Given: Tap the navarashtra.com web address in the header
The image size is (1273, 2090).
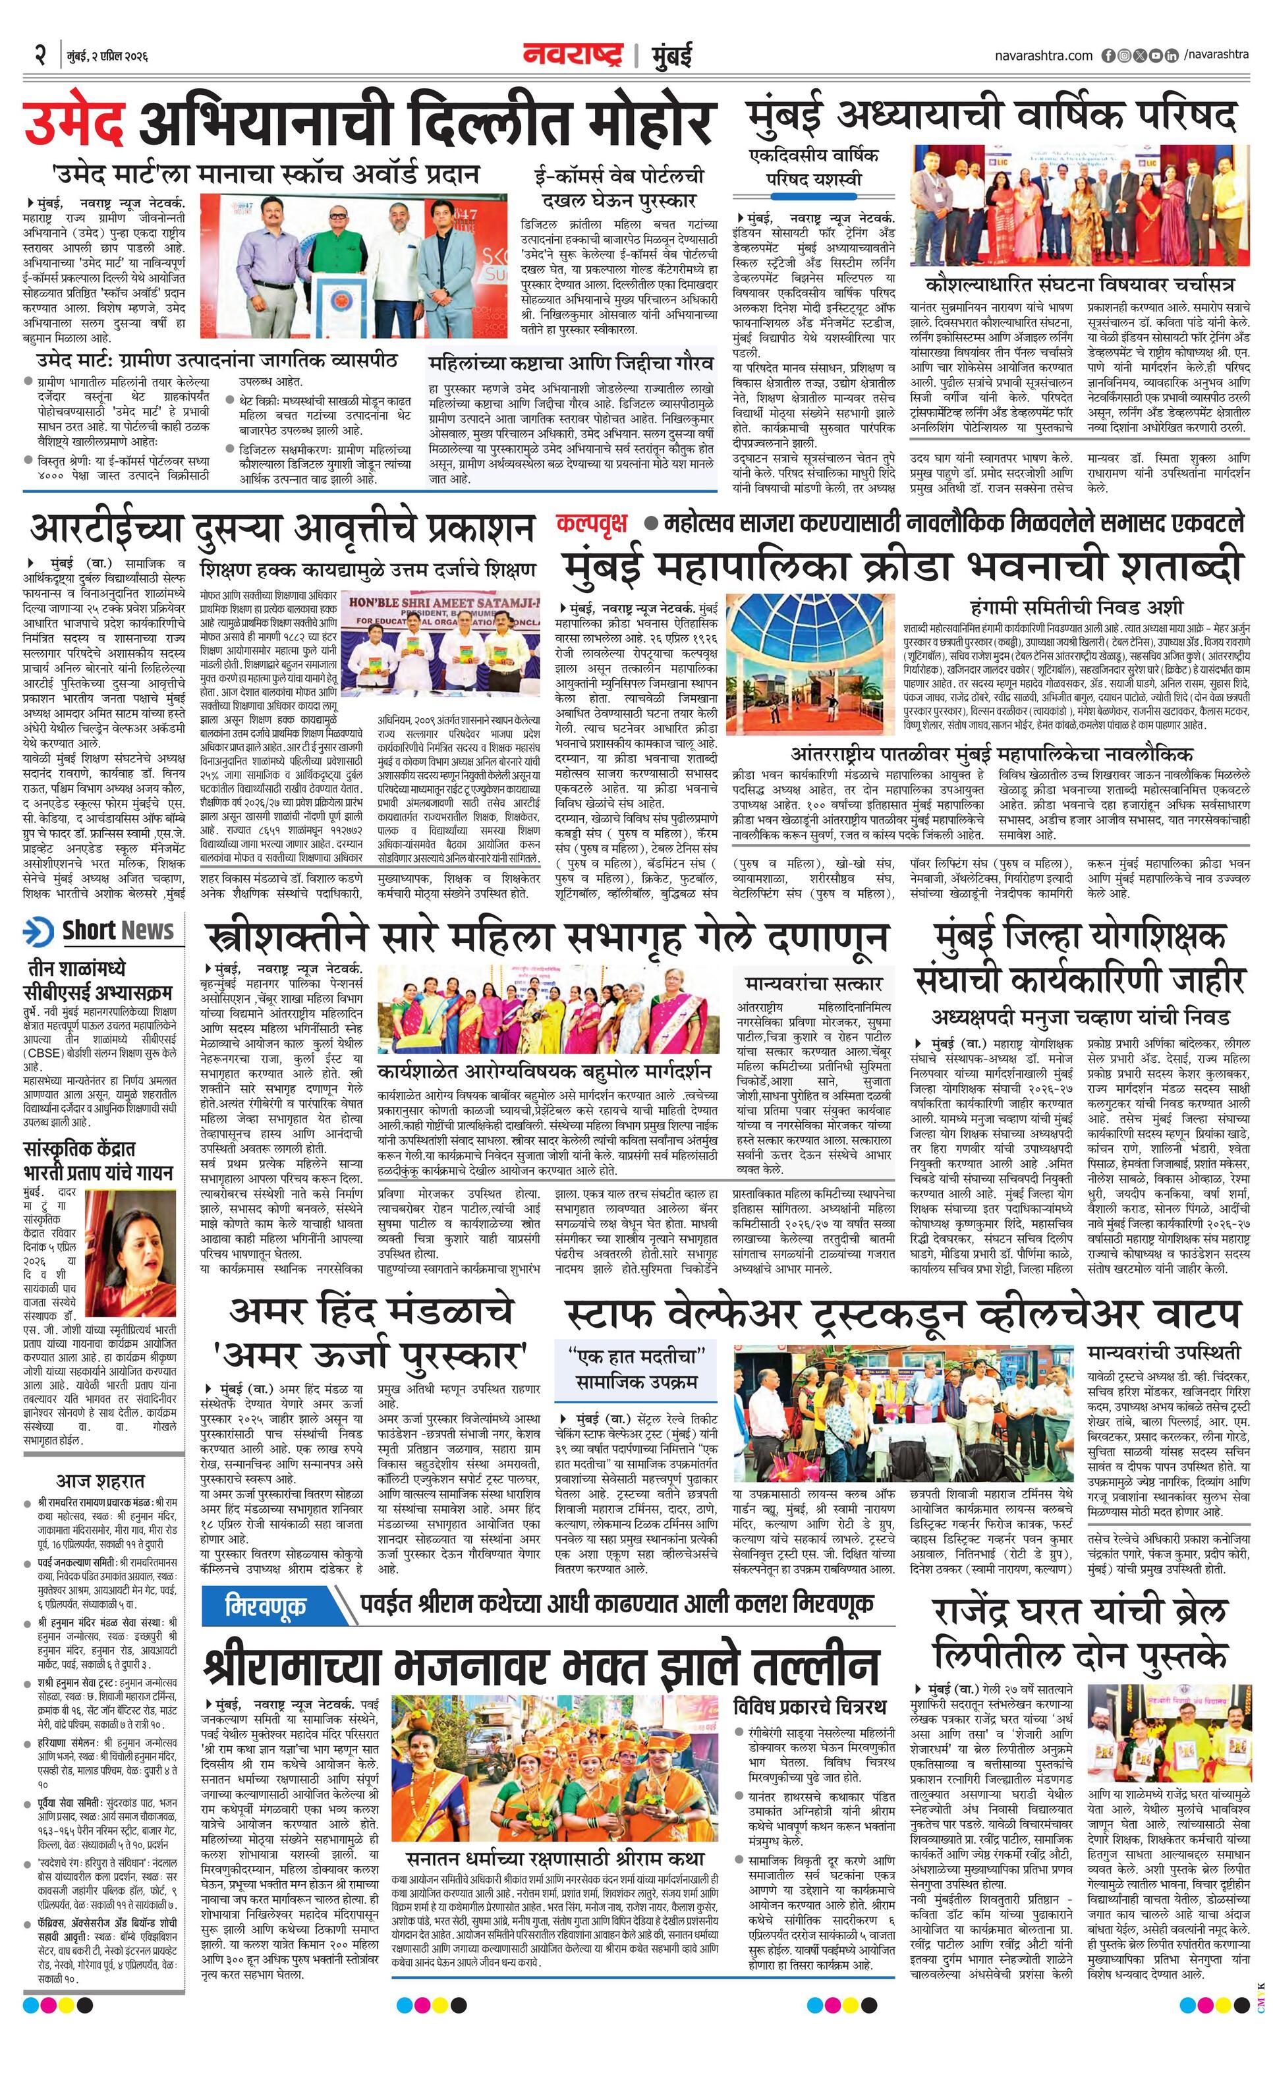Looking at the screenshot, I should [1043, 55].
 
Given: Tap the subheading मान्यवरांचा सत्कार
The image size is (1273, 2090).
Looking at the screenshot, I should [813, 983].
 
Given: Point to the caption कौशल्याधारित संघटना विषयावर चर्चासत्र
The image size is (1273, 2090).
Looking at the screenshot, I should [1080, 283].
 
